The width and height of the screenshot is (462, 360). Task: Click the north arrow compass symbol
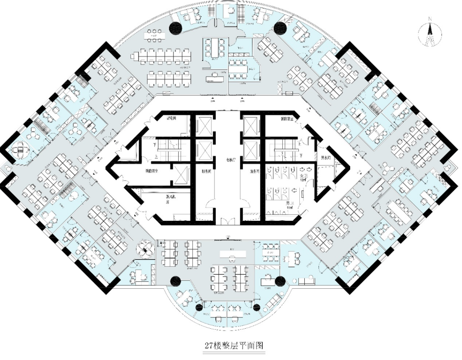tap(430, 36)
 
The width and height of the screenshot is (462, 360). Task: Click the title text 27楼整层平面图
tap(234, 345)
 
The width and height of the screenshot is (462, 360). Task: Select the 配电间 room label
tap(171, 118)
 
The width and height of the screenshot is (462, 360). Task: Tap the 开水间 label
tap(326, 158)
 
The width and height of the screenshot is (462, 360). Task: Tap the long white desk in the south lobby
tap(231, 254)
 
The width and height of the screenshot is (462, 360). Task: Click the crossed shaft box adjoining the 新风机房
tap(182, 174)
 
